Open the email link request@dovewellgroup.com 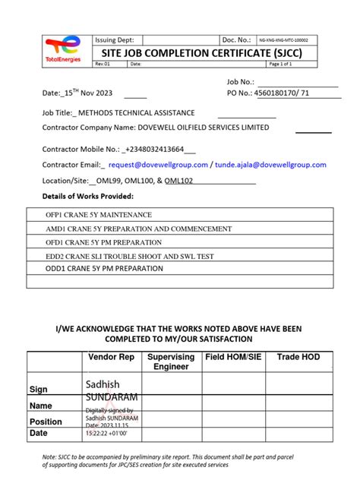pos(158,165)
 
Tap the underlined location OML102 pos(179,182)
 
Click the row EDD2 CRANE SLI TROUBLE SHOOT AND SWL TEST pos(129,255)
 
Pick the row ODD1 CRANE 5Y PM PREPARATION pos(105,269)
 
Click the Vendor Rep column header pos(112,357)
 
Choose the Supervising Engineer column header pos(171,362)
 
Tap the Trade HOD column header pos(298,357)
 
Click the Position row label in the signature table pos(46,422)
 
